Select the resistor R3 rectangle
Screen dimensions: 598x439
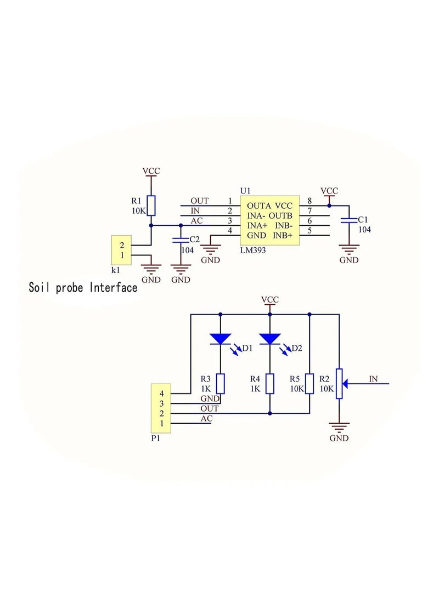click(x=220, y=383)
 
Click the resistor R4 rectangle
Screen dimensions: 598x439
click(x=269, y=383)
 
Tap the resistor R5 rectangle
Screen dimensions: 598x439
click(x=309, y=383)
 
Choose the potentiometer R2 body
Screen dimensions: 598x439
click(x=340, y=383)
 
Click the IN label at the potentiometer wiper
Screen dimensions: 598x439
click(x=373, y=378)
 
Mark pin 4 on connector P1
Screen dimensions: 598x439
click(x=161, y=394)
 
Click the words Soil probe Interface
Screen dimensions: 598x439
click(x=83, y=287)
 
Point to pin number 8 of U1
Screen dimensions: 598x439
click(x=309, y=201)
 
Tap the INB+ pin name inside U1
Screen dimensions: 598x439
click(x=284, y=235)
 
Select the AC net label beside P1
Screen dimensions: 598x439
click(x=206, y=419)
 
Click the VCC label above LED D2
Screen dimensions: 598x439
click(x=269, y=299)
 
